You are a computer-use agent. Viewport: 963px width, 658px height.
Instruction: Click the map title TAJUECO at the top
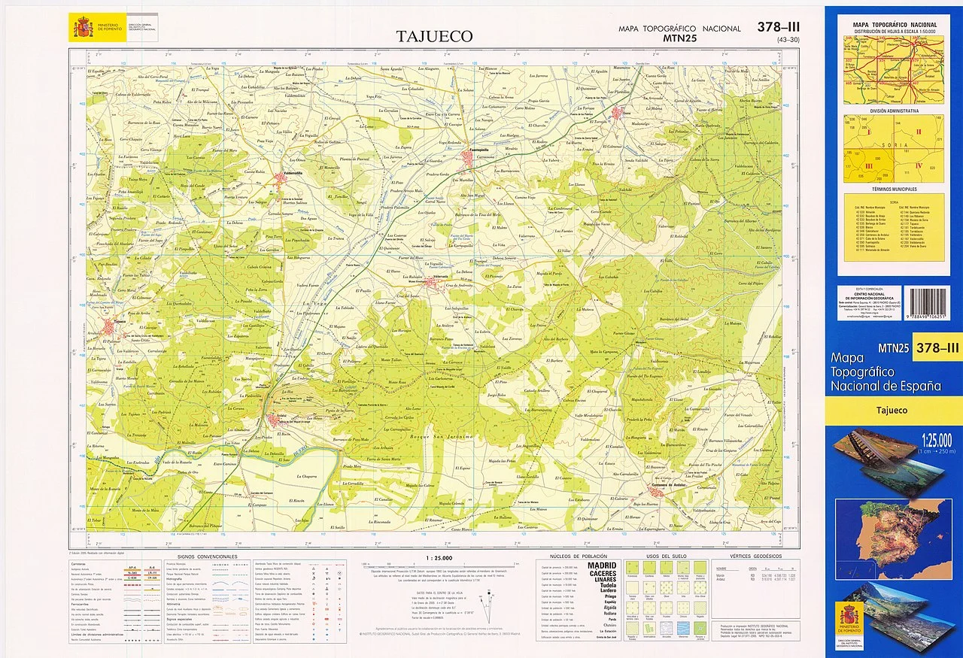[435, 36]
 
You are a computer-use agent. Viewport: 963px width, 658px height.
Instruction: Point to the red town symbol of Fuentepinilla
[468, 156]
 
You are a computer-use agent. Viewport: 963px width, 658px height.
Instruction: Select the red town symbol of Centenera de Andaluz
[656, 493]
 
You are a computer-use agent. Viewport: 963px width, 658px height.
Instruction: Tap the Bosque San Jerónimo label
[446, 437]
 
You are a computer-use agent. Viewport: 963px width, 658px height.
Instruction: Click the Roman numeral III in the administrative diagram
[869, 165]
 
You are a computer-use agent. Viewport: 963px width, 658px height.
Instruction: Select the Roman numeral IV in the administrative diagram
[918, 165]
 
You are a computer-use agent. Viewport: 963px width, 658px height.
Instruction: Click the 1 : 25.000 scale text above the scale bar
[438, 557]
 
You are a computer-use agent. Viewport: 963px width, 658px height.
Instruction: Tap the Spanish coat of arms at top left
[81, 28]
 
